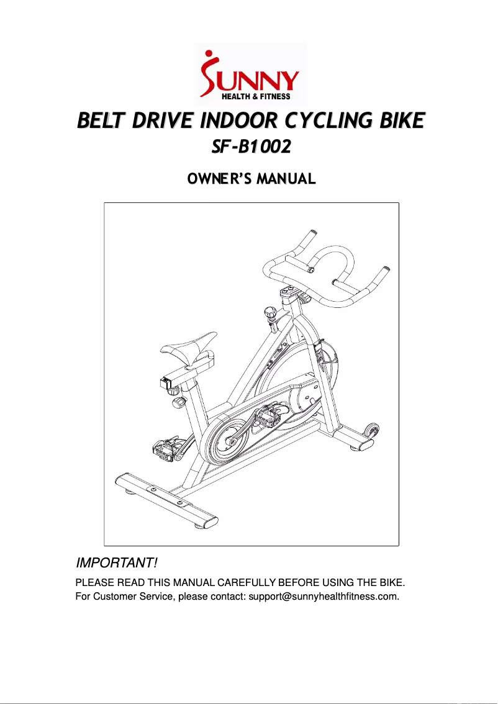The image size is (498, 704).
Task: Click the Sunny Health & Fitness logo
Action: click(250, 72)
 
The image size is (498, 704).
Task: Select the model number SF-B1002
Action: click(251, 148)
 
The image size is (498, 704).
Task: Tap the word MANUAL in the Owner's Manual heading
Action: click(287, 179)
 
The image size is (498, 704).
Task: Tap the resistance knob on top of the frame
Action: click(271, 312)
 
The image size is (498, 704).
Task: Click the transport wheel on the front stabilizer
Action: click(371, 429)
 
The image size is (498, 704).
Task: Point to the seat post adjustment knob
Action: click(178, 403)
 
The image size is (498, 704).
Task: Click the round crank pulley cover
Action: click(224, 440)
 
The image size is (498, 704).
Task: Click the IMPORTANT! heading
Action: click(116, 563)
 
